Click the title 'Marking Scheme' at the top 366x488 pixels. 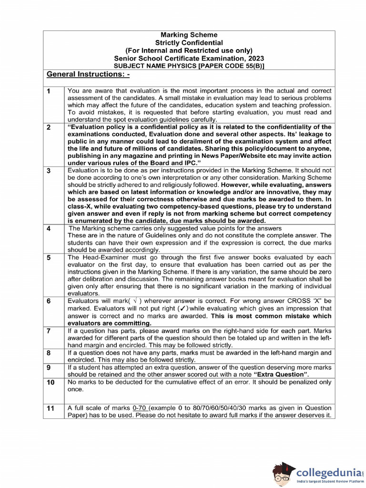tap(189, 35)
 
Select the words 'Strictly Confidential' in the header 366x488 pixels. tap(189, 42)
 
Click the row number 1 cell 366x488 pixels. tap(49, 91)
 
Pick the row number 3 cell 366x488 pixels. tap(49, 171)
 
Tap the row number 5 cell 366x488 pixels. tap(49, 258)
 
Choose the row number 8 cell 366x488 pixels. tap(49, 353)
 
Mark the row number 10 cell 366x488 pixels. tap(50, 383)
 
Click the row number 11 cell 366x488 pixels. tap(50, 409)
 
